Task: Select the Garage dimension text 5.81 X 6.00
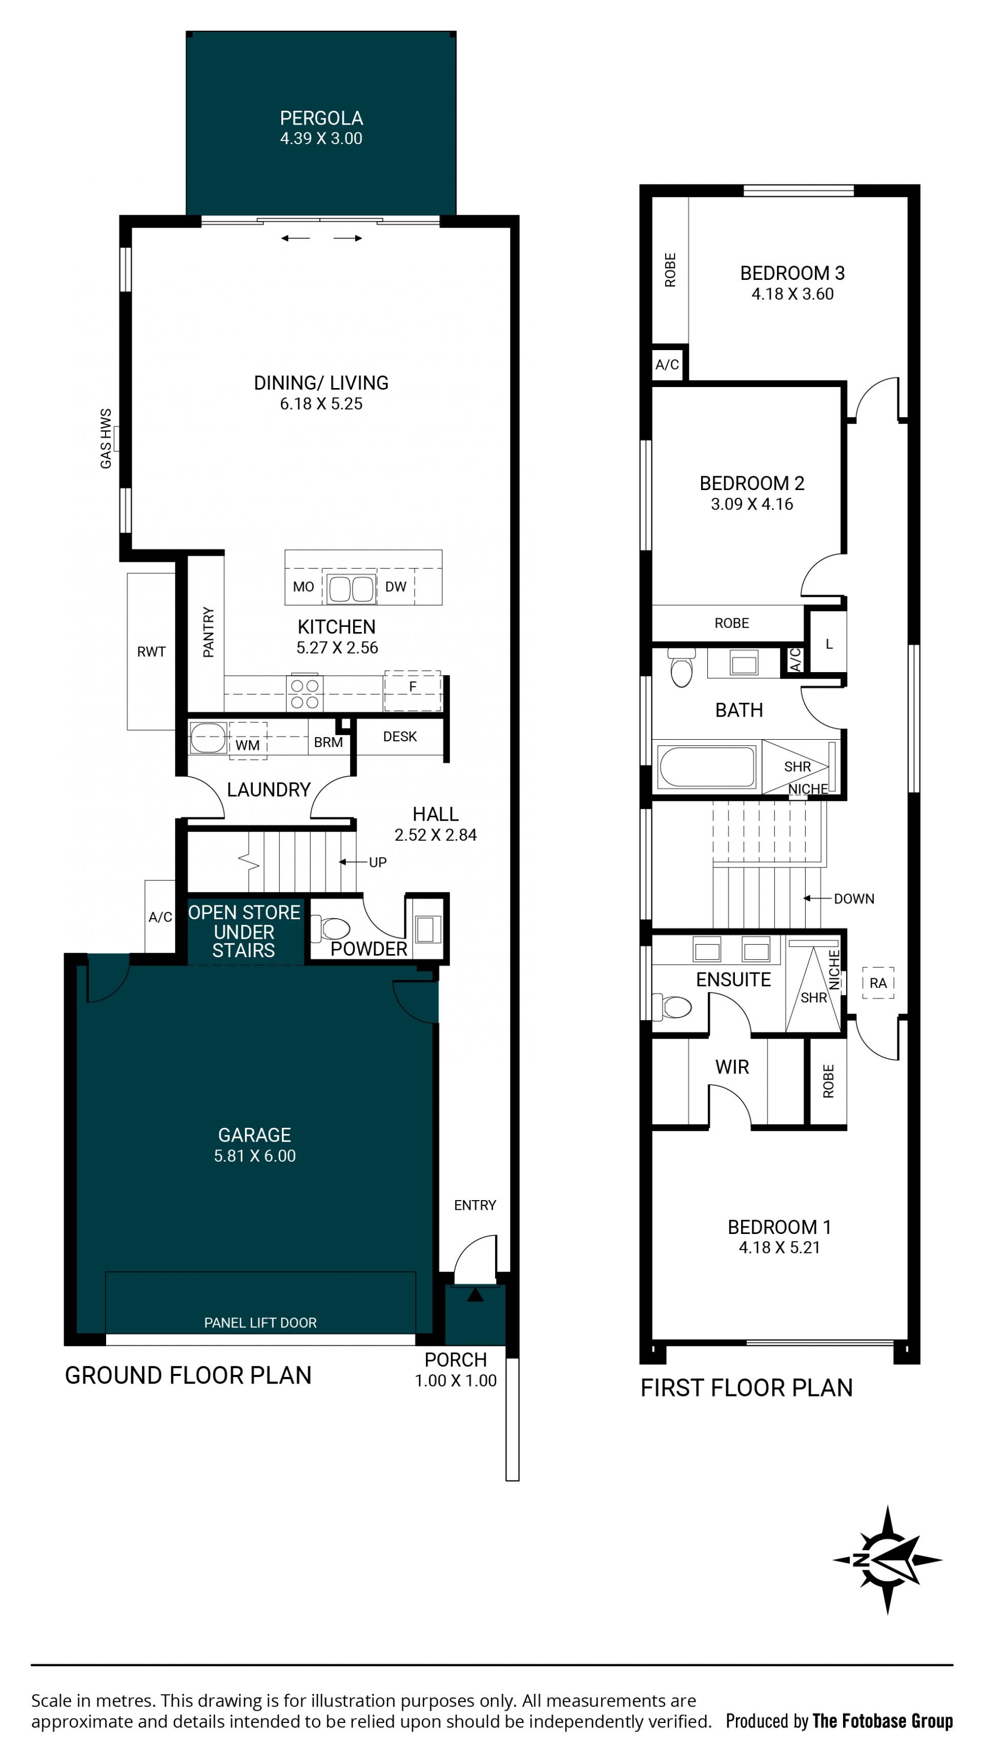click(255, 1156)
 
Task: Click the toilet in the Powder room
click(331, 929)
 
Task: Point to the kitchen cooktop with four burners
click(304, 693)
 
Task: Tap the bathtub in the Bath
click(706, 766)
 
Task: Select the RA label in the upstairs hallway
click(878, 983)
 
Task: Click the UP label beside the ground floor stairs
click(378, 862)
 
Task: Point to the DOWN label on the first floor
click(854, 899)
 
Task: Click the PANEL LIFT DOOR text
click(260, 1323)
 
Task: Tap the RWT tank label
click(151, 652)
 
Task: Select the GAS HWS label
click(106, 439)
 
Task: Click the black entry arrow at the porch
click(475, 1295)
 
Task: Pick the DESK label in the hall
click(400, 736)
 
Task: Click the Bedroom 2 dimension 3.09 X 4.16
click(752, 504)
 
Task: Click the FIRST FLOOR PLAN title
click(747, 1387)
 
